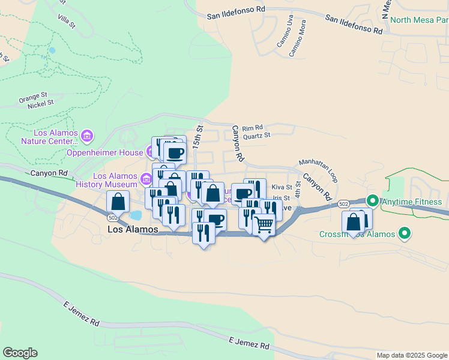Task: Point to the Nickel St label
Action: (x=41, y=103)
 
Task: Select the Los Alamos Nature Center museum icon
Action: (x=88, y=136)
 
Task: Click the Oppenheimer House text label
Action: (x=104, y=152)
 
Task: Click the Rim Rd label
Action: (x=254, y=127)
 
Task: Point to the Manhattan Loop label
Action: (x=319, y=171)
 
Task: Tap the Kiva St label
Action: (x=282, y=188)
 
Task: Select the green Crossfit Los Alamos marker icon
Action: (x=405, y=233)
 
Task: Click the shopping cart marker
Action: (x=264, y=225)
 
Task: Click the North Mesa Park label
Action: (x=419, y=20)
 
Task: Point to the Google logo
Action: (x=20, y=353)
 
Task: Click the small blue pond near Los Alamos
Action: (x=136, y=215)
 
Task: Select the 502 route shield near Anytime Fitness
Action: (x=343, y=204)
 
